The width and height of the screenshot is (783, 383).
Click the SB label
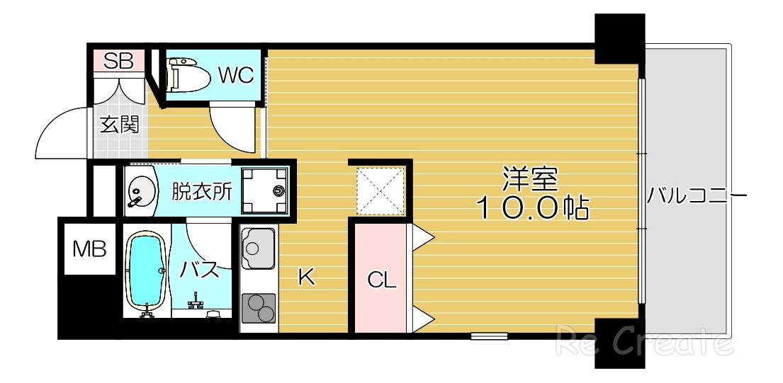pyautogui.click(x=118, y=61)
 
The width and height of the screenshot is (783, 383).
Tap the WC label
pyautogui.click(x=235, y=75)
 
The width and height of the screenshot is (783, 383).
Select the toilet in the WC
pyautogui.click(x=188, y=76)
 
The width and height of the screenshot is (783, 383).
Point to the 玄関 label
pyautogui.click(x=118, y=125)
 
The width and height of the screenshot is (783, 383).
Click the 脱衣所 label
pyautogui.click(x=202, y=192)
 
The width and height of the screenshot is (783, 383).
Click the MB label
pyautogui.click(x=90, y=248)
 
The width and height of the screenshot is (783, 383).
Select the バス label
pyautogui.click(x=201, y=270)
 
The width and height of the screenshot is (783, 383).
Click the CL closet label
pyautogui.click(x=381, y=280)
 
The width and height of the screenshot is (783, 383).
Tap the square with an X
pyautogui.click(x=381, y=190)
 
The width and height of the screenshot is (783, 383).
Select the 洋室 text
pyautogui.click(x=531, y=178)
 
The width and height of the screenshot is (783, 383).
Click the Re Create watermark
pyautogui.click(x=643, y=343)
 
